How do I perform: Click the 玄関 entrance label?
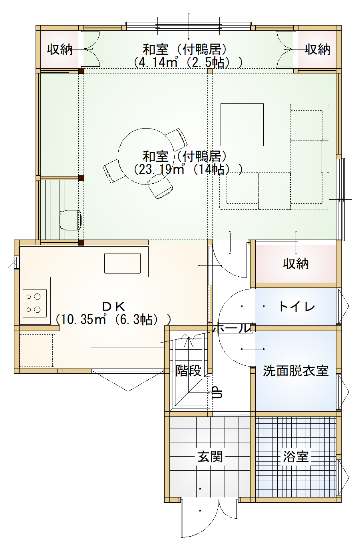(210, 456)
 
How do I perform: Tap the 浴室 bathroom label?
(296, 456)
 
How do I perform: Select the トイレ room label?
(296, 307)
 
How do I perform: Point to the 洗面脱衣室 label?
(296, 371)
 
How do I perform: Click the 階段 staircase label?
(188, 371)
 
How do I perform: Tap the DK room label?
(114, 307)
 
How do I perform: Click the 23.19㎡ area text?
(160, 169)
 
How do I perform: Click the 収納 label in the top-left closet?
(60, 50)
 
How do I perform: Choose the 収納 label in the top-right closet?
(318, 50)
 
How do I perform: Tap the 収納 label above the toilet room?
(296, 264)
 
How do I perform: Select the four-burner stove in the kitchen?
(34, 303)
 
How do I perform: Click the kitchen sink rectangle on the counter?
(122, 263)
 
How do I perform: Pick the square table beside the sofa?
(242, 125)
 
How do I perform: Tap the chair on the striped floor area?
(70, 220)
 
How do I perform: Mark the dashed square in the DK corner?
(37, 350)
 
